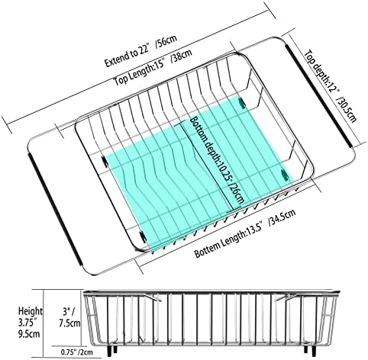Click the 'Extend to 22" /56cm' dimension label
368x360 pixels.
[x=140, y=51]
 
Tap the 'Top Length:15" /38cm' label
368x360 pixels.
[x=153, y=67]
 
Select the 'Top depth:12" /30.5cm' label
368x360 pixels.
[x=331, y=86]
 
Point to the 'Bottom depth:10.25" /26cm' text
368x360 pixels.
[x=217, y=159]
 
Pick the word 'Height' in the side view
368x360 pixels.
[x=31, y=311]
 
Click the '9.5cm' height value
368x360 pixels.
[x=29, y=333]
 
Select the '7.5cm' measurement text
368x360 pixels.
[x=69, y=323]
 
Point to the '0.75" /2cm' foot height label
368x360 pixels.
[x=77, y=352]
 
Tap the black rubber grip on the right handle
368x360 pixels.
[x=319, y=95]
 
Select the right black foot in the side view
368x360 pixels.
[x=309, y=350]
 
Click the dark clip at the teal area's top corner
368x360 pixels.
[x=242, y=102]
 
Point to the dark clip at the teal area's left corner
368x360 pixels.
[x=105, y=161]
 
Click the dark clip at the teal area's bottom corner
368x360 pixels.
[x=143, y=237]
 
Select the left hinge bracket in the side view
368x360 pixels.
[x=152, y=297]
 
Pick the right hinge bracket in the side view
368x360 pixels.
[x=286, y=297]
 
